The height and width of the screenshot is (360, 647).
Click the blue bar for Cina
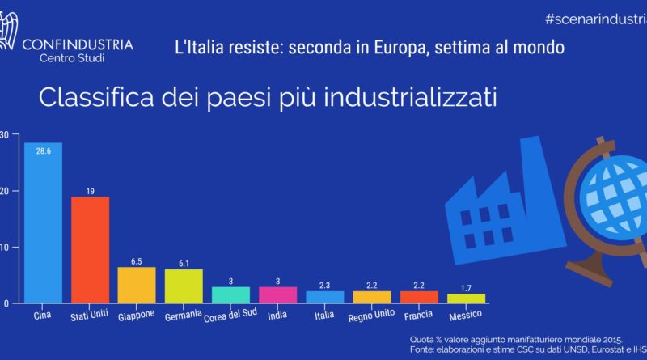pos(43,227)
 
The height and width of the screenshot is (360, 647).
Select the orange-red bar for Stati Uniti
pos(90,251)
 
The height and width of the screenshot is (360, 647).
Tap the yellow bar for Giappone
pos(137,285)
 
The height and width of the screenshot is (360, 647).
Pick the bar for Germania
pos(184,286)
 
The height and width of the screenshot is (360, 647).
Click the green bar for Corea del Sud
pos(230,295)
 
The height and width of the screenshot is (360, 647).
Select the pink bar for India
pos(277,295)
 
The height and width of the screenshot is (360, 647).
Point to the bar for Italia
pos(324,297)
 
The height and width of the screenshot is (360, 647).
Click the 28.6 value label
pos(43,151)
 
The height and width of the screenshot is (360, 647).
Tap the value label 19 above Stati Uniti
pos(90,191)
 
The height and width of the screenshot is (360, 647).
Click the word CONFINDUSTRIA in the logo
pos(79,44)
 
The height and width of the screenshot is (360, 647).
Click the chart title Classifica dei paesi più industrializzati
pos(267,99)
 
